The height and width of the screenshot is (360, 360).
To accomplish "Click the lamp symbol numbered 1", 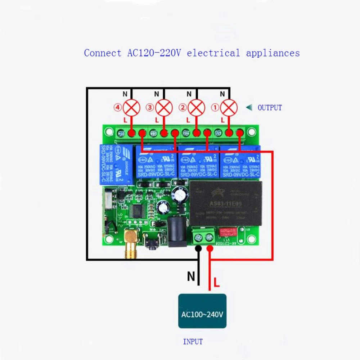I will [229, 107].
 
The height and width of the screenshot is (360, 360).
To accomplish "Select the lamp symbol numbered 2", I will [197, 107].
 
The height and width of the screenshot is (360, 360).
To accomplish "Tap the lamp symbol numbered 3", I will [164, 107].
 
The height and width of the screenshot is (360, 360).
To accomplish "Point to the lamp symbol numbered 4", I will [131, 107].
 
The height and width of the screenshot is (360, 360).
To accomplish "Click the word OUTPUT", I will [270, 108].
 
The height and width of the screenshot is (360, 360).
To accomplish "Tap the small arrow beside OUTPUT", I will [248, 107].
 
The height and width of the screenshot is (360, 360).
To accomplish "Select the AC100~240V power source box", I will [202, 311].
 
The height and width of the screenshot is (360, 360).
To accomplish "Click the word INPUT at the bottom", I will [193, 342].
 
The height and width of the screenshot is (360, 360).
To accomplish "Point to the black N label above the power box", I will [191, 276].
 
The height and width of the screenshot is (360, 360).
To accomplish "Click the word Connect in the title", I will [103, 53].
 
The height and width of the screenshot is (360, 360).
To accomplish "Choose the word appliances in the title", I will [273, 53].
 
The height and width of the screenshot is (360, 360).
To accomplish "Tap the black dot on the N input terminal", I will [198, 248].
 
